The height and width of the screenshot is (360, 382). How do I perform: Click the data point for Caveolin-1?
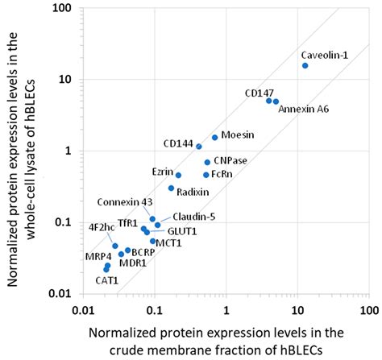click(x=305, y=65)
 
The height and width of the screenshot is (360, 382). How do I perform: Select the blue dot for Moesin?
click(x=215, y=137)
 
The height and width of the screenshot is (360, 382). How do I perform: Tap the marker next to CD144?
click(x=199, y=146)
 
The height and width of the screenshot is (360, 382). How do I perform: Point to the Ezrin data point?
click(x=178, y=175)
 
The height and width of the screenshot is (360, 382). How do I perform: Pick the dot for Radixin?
click(x=171, y=188)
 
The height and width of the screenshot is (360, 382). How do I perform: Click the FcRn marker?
click(x=206, y=174)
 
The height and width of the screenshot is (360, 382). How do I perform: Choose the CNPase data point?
click(x=207, y=162)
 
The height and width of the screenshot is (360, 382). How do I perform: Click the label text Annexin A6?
click(x=302, y=109)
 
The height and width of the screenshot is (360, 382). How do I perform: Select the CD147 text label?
click(x=260, y=93)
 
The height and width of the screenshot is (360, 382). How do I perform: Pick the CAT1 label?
click(x=107, y=280)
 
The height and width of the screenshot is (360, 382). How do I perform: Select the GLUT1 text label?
click(x=182, y=231)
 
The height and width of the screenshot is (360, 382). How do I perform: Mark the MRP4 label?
click(x=98, y=256)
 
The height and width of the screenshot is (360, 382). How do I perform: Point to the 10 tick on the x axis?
click(x=297, y=308)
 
